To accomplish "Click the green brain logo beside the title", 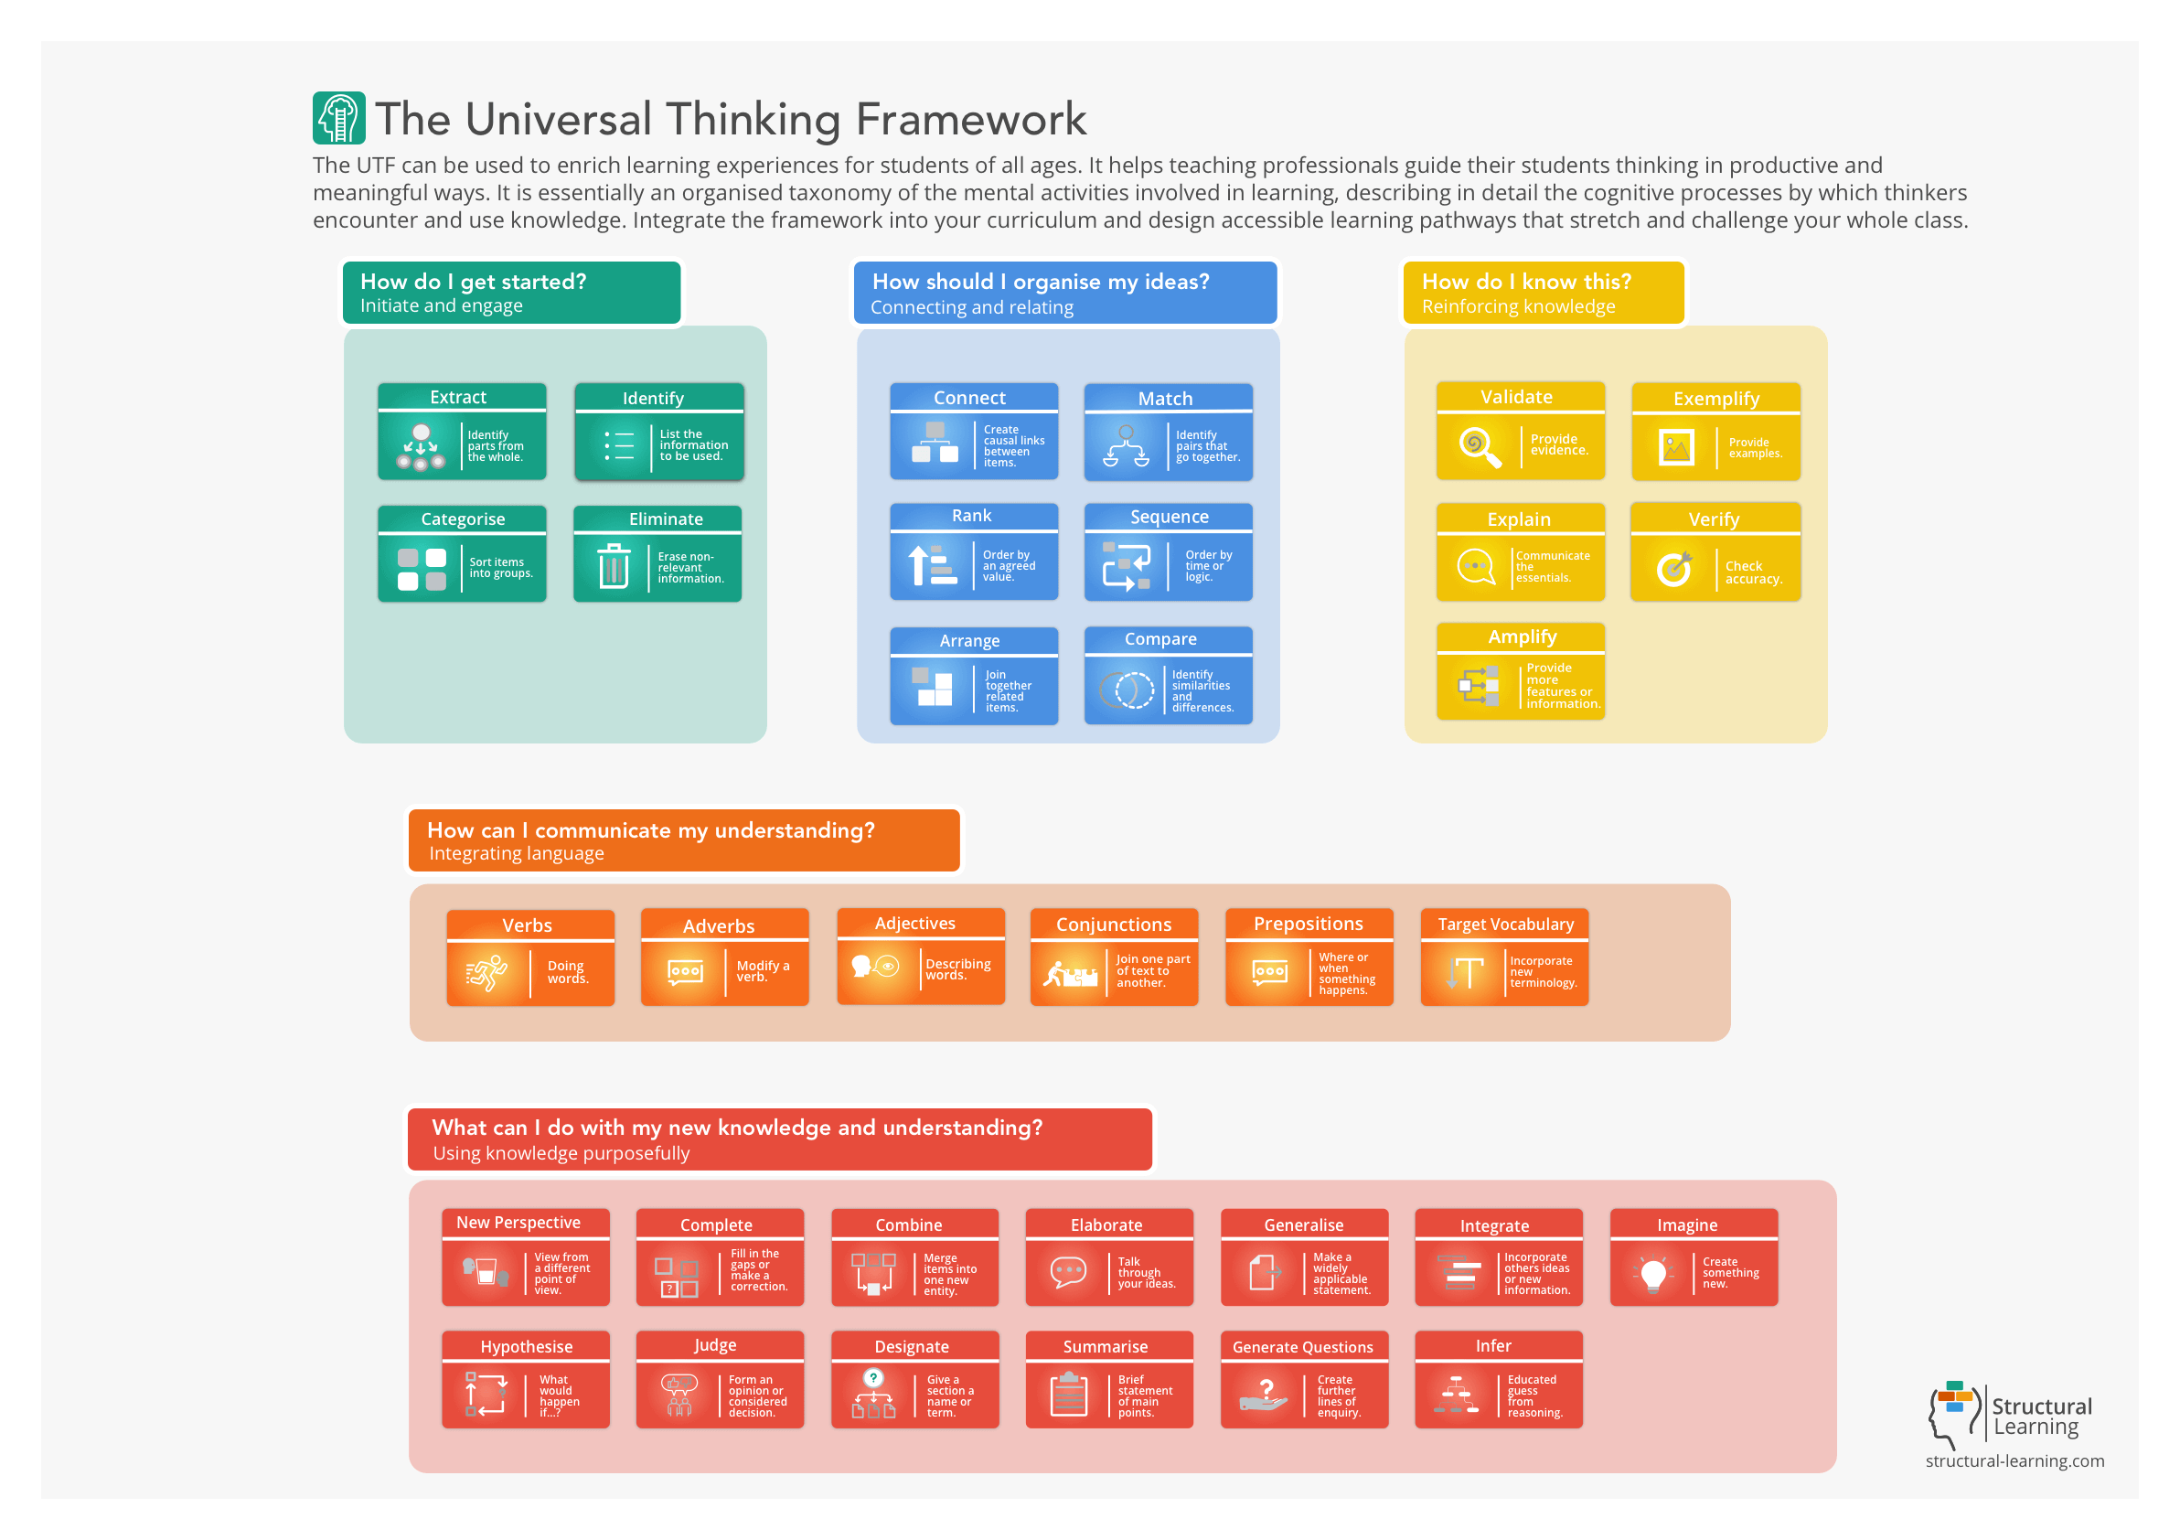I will pos(339,118).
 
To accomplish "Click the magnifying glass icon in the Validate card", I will pos(1480,446).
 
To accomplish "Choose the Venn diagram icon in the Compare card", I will pos(1126,690).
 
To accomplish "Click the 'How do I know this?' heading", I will pos(1526,282).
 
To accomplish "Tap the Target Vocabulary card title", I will pos(1505,925).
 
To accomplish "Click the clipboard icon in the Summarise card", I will pos(1069,1395).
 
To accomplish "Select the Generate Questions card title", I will pos(1303,1347).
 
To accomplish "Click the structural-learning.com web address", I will pos(2014,1461).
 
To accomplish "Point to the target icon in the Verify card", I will pos(1674,568).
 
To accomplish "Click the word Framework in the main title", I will pos(970,120).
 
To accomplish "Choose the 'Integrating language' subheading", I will pos(516,853).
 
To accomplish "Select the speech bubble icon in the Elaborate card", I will pos(1068,1272).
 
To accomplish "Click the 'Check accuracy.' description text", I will pos(1753,572).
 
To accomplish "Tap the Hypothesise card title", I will pos(526,1347).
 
